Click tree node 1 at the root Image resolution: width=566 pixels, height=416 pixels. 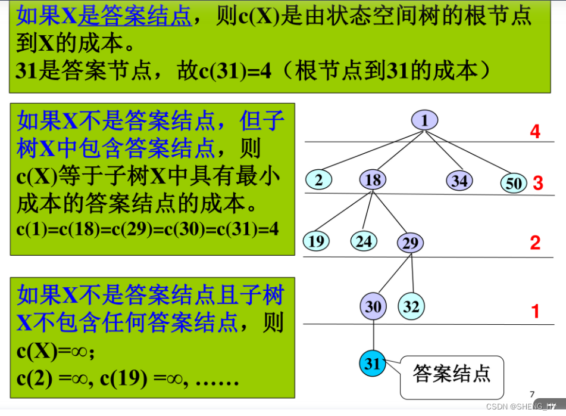424,121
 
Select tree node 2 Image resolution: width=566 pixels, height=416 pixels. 319,179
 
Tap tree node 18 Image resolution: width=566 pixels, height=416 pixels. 373,180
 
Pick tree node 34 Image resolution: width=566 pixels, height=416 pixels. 459,180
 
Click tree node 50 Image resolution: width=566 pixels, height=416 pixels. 513,183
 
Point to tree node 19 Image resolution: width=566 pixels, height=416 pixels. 317,241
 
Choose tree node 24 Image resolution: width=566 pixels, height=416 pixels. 364,241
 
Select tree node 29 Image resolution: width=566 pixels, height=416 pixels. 410,243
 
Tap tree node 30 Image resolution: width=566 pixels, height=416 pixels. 373,306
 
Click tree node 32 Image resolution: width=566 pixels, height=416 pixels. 411,306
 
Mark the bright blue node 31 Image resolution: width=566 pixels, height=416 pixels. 373,364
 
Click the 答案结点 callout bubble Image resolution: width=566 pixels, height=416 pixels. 452,374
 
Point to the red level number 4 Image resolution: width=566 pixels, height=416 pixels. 535,131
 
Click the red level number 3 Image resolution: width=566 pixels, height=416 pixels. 538,183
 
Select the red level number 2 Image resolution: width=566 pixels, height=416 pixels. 535,243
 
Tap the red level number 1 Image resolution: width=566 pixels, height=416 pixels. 535,311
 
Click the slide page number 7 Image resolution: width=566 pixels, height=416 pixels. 531,393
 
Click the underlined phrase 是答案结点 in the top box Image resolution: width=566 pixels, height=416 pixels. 135,17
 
